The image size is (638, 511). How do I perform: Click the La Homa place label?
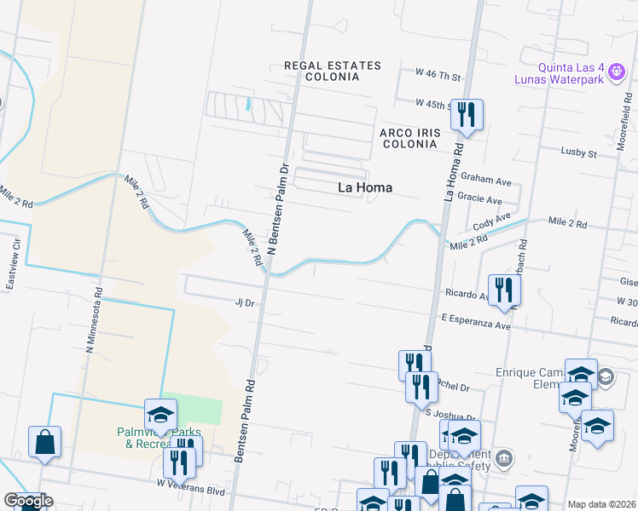coord(365,187)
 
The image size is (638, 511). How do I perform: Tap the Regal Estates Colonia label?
coord(321,71)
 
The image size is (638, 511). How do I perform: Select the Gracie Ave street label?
coord(481,199)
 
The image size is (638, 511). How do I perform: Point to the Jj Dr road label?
coord(246,301)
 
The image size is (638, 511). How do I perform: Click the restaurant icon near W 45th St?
coord(467,114)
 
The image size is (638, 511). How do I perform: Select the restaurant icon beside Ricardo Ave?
coord(504,289)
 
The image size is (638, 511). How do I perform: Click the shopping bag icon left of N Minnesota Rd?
coord(44,442)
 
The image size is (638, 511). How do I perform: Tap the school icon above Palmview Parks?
coord(159,415)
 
